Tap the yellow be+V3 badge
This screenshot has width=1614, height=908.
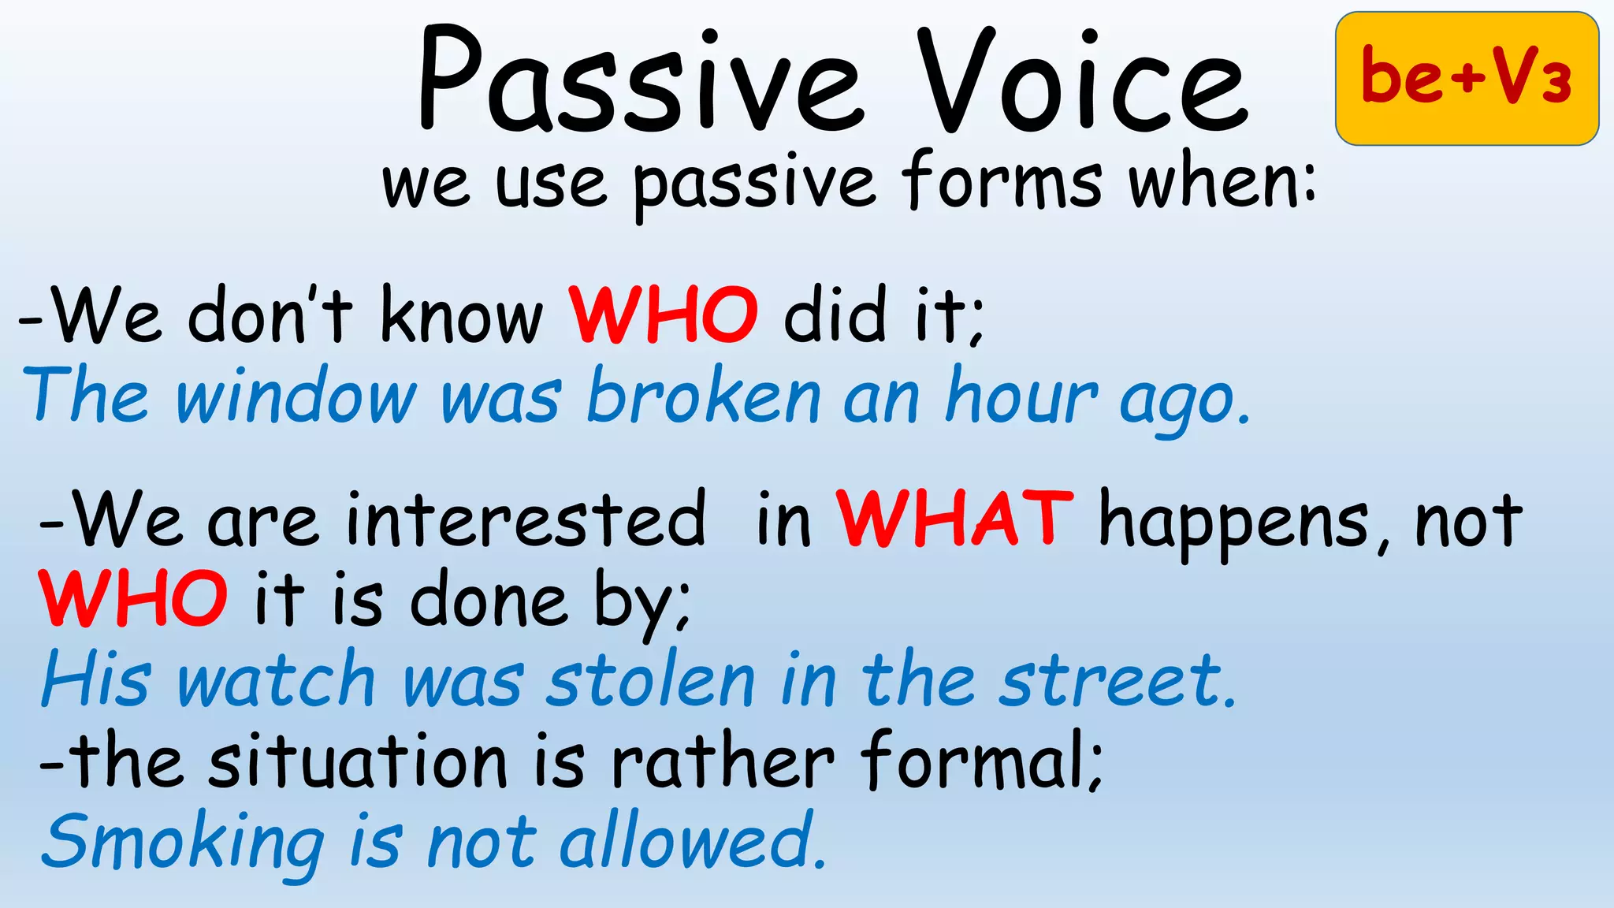(x=1467, y=78)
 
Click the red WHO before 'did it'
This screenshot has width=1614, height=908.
(x=663, y=315)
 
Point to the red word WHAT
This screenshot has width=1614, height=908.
(x=954, y=519)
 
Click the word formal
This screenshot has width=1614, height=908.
(x=980, y=761)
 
